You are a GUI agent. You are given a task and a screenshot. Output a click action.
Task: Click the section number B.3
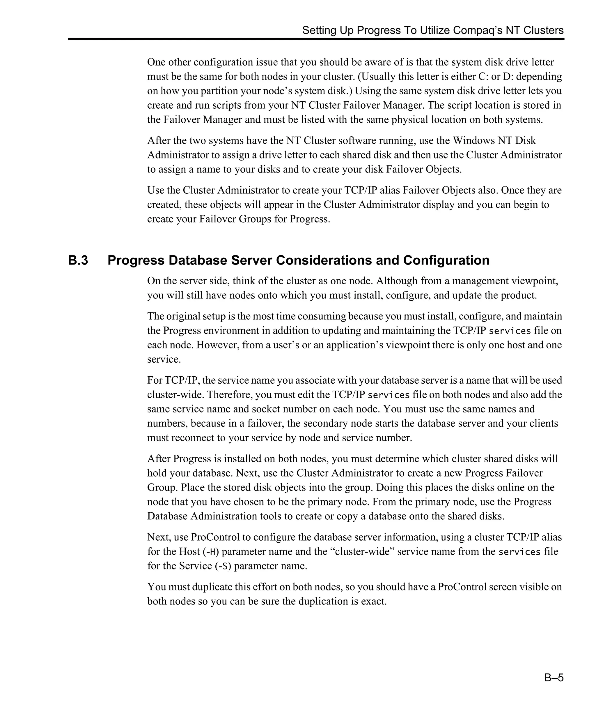coord(78,260)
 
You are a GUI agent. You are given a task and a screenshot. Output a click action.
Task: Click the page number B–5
coord(554,677)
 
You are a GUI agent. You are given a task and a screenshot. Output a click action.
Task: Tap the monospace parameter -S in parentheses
coord(223,566)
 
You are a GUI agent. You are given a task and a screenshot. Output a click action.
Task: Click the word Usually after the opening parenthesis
coord(378,76)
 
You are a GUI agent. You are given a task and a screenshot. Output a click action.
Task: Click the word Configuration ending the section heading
coord(446,260)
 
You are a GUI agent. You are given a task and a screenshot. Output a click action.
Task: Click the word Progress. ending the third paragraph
coord(310,219)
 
